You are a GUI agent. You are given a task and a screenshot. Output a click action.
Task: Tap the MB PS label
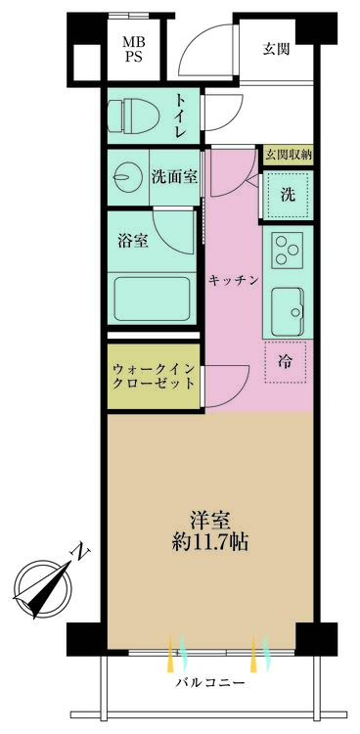tap(132, 50)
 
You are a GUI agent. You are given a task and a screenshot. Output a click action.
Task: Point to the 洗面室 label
tap(175, 177)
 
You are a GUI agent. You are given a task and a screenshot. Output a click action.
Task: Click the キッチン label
tap(234, 280)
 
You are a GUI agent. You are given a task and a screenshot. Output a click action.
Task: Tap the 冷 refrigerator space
tap(285, 362)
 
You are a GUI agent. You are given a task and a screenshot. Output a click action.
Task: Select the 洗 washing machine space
tap(288, 194)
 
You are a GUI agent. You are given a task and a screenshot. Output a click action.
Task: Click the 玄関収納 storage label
tap(286, 155)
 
